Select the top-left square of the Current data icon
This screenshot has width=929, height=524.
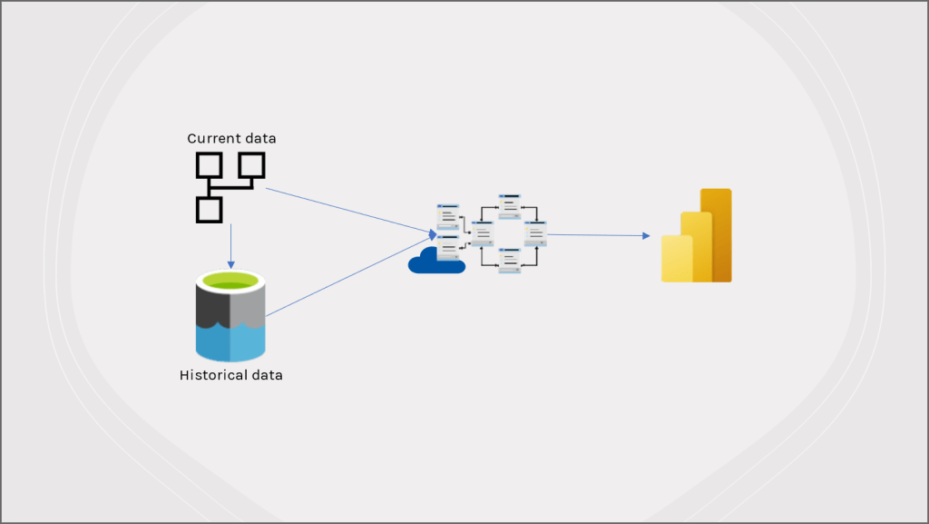tap(209, 165)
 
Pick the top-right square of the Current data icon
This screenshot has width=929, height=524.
tap(251, 165)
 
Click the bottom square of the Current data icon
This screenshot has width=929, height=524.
tap(209, 210)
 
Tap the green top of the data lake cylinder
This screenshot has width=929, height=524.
tap(231, 282)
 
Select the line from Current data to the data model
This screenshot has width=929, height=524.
tap(345, 212)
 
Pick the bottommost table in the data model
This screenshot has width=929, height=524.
tap(510, 261)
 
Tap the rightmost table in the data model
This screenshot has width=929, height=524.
tap(535, 232)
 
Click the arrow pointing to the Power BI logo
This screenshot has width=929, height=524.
tap(599, 235)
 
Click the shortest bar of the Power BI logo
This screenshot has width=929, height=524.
tap(676, 259)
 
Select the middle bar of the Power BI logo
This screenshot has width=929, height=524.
tap(696, 247)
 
